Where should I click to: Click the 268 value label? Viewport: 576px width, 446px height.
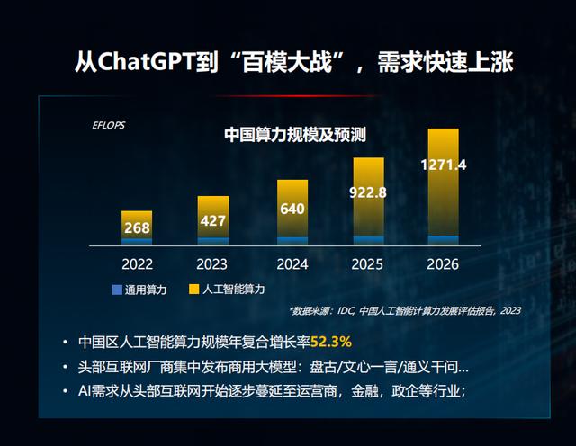click(x=137, y=227)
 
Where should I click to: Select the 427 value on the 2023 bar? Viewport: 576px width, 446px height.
click(x=212, y=220)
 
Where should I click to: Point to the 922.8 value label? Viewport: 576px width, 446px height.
click(x=367, y=192)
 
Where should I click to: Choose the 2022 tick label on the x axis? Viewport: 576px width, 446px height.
click(x=137, y=264)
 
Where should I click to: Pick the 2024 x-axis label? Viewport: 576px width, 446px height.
click(x=292, y=264)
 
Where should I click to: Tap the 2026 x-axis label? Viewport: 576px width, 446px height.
click(x=444, y=264)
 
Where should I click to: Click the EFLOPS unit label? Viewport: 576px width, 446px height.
click(x=109, y=124)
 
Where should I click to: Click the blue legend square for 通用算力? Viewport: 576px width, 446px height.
click(x=117, y=290)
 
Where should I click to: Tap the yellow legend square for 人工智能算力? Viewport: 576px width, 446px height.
click(x=194, y=290)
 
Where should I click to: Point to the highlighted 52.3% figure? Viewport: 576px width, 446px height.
click(x=331, y=342)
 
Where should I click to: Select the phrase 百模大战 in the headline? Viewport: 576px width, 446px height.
click(x=291, y=62)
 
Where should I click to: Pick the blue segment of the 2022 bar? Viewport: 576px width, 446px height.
click(x=137, y=241)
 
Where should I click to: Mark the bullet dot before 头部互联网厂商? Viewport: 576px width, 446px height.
click(x=65, y=367)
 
